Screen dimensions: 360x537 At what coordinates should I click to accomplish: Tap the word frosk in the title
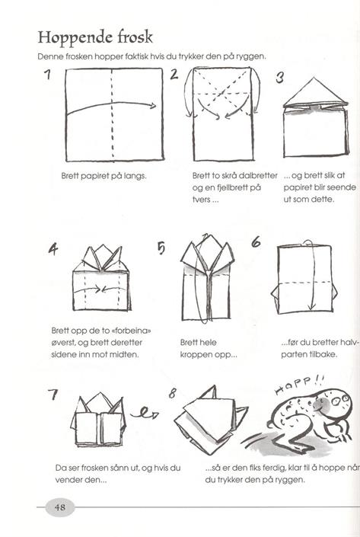tap(135, 37)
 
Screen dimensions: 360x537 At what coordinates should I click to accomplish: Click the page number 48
tap(60, 507)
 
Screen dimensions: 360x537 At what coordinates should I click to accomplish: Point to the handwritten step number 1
tap(47, 75)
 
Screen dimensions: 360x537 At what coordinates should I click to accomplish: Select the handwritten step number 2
tap(174, 75)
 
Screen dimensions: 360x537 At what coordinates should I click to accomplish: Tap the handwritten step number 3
tap(279, 78)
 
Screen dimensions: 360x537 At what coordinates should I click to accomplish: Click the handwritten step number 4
tap(53, 249)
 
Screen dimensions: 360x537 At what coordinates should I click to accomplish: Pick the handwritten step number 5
tap(161, 248)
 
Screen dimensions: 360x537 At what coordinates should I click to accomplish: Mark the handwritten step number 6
tap(256, 242)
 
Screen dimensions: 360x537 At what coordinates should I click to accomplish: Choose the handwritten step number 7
tap(53, 395)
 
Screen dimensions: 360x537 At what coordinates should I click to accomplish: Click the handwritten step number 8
tap(172, 394)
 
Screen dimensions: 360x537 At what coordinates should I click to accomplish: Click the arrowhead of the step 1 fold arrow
tap(153, 105)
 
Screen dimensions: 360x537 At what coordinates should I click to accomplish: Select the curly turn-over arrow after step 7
tap(145, 414)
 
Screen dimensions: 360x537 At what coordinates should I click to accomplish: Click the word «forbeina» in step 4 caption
tap(131, 331)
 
